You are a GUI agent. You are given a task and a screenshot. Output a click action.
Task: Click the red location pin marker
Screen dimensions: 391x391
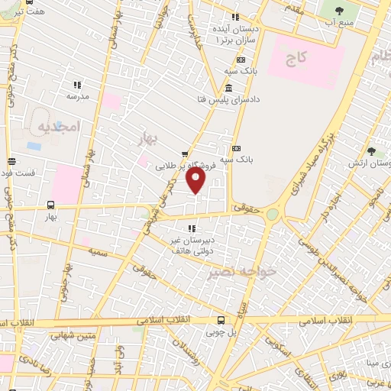click(196, 180)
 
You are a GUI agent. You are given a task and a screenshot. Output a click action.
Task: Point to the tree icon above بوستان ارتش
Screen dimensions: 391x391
click(370, 151)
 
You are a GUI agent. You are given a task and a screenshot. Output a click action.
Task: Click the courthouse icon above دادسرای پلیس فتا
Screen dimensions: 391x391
click(229, 88)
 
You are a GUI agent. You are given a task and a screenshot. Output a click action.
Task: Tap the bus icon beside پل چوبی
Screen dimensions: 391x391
click(221, 319)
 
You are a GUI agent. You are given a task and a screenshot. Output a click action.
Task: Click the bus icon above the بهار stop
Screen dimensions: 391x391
click(50, 205)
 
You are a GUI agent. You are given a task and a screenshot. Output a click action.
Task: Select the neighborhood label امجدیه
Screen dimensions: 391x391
click(57, 127)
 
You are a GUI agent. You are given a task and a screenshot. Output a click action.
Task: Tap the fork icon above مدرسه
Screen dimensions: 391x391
click(76, 85)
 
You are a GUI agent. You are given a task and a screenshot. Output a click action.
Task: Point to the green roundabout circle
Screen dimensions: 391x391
click(272, 215)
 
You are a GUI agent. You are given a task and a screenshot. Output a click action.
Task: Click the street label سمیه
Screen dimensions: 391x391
click(97, 250)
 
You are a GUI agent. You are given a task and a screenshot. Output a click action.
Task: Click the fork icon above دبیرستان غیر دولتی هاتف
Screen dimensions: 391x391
click(191, 228)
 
